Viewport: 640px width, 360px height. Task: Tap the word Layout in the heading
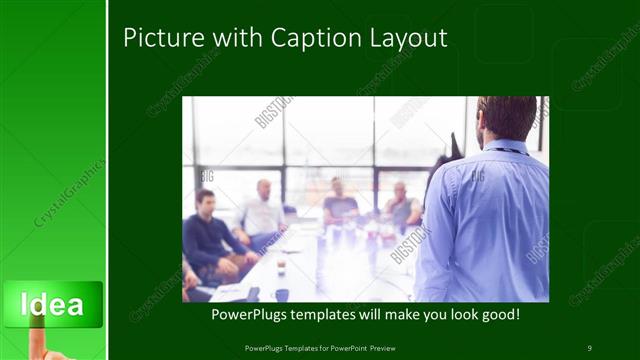point(404,39)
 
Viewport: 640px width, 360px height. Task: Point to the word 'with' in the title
point(227,39)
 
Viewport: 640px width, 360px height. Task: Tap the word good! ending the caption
point(495,314)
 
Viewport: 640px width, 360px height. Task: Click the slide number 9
point(589,347)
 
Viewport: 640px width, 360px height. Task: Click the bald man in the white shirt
point(262,211)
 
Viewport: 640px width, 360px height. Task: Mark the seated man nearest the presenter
point(402,205)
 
